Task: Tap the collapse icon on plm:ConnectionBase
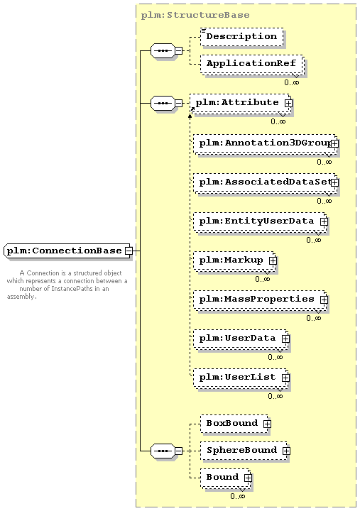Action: click(129, 251)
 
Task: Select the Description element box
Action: click(241, 36)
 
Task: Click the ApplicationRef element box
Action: click(252, 64)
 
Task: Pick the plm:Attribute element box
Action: click(241, 103)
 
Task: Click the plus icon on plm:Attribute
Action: click(288, 104)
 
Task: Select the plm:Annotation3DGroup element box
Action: click(266, 143)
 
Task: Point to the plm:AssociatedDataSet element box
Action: click(266, 182)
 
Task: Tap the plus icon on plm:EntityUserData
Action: click(324, 221)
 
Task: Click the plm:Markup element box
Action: click(234, 260)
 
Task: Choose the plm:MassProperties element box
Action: click(260, 300)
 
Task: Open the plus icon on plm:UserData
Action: click(285, 339)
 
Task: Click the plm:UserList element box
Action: click(241, 378)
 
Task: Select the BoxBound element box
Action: click(235, 424)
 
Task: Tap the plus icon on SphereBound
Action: click(286, 451)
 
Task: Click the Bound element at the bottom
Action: click(226, 478)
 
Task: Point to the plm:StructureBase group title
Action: click(195, 15)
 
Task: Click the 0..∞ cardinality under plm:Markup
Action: click(263, 280)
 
